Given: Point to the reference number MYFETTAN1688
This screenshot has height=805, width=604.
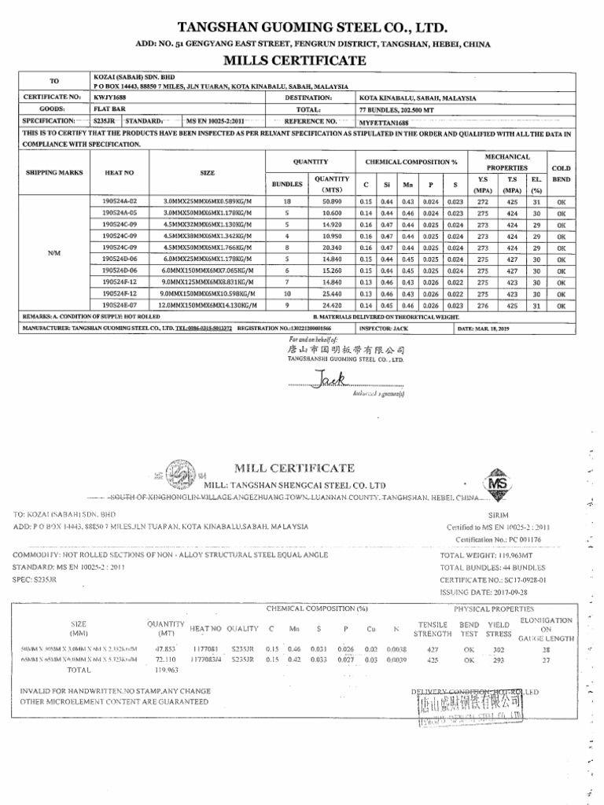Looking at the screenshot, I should [x=384, y=122].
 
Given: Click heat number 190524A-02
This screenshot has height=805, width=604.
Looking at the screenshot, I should [x=120, y=201].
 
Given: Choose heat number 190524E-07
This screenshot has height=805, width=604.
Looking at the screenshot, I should [x=120, y=303].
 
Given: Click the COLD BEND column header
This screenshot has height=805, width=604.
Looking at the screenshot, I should [x=561, y=173].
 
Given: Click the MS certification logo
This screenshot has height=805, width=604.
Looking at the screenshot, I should [x=497, y=486].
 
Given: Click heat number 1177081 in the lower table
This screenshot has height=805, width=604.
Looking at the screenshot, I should [x=206, y=649].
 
